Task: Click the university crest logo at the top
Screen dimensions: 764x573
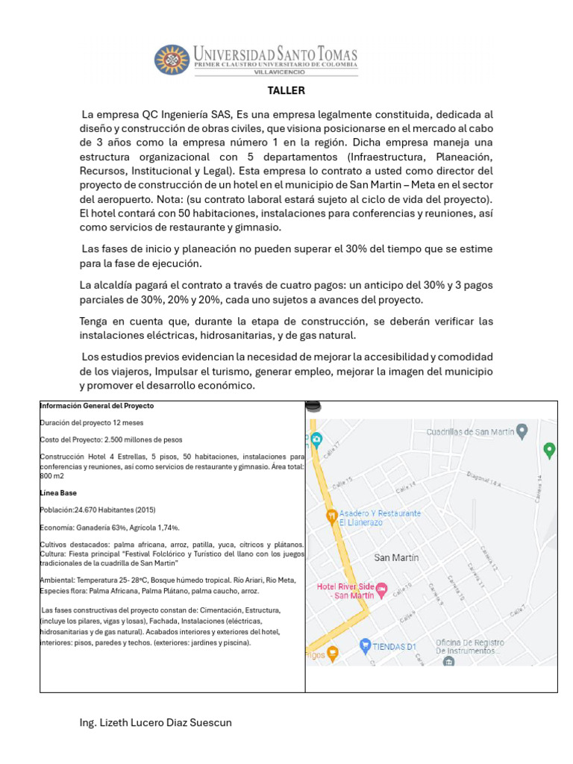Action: click(x=172, y=60)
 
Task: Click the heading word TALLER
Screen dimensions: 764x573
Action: click(x=286, y=91)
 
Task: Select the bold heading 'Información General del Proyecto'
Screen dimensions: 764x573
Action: click(x=97, y=406)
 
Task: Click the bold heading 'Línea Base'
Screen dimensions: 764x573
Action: click(x=58, y=493)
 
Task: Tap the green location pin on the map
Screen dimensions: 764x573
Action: click(x=550, y=450)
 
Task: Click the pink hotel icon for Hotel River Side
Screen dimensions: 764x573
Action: click(x=381, y=589)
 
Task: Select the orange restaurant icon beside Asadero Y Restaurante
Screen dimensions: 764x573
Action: click(x=331, y=516)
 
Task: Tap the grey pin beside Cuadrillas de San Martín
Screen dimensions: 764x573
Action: click(x=522, y=430)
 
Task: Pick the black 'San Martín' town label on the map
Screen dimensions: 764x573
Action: click(x=396, y=557)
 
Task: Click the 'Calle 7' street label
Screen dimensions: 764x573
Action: click(x=517, y=611)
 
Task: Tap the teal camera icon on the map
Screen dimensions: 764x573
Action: click(x=316, y=438)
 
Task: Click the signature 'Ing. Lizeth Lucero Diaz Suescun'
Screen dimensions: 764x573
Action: click(x=160, y=723)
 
